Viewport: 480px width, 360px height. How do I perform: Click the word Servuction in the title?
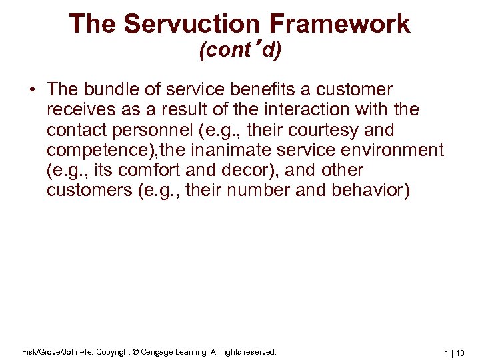(x=197, y=24)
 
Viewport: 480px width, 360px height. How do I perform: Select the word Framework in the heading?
(x=340, y=24)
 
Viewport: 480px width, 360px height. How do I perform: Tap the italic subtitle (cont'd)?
(x=240, y=51)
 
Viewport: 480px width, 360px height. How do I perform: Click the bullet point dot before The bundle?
(x=32, y=90)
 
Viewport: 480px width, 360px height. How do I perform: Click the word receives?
(x=77, y=109)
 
